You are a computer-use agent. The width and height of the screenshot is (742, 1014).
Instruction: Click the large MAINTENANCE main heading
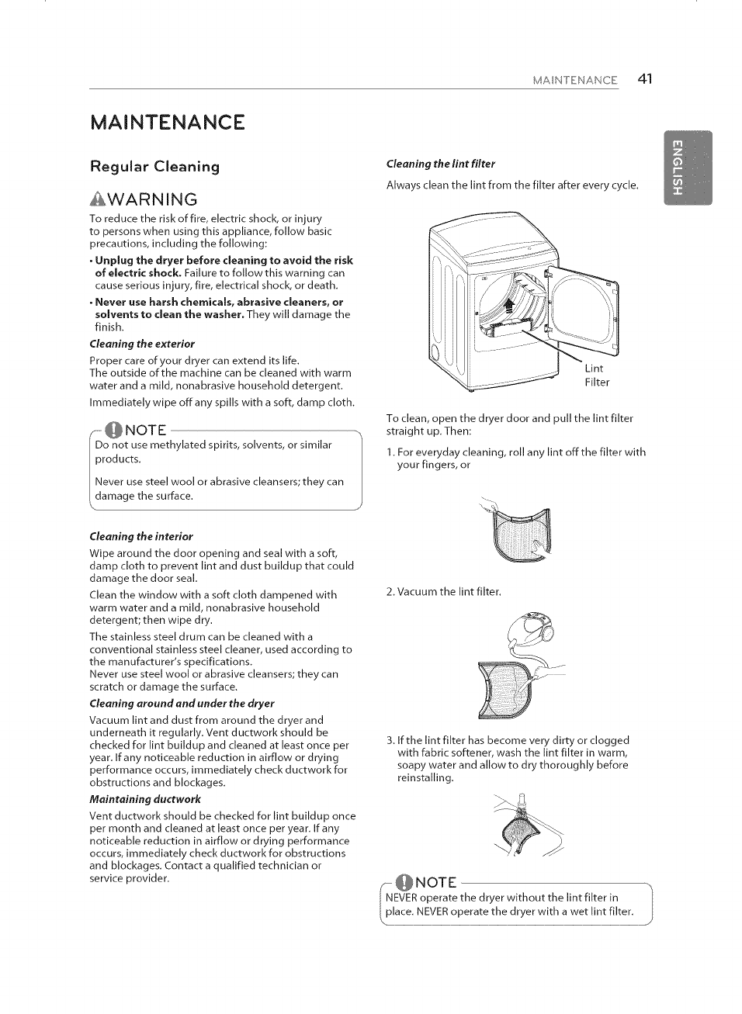point(167,123)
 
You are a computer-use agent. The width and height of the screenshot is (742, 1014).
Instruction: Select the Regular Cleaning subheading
point(154,167)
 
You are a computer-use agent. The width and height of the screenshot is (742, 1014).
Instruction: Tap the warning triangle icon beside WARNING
point(96,199)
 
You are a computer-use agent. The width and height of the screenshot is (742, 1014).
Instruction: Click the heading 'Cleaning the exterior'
point(142,344)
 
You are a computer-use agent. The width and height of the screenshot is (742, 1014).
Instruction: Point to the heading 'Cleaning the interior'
point(141,536)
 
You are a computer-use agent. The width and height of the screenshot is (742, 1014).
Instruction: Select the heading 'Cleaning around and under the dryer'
point(182,703)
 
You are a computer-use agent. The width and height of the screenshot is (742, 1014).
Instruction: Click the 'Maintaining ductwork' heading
point(145,799)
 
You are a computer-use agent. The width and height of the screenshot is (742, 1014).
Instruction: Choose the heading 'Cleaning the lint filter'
point(440,164)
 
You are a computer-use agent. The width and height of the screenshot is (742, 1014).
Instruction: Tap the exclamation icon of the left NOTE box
point(113,430)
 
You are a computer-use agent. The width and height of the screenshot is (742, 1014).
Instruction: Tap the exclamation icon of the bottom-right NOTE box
point(404,883)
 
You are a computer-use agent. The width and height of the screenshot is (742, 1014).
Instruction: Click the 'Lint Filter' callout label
point(596,375)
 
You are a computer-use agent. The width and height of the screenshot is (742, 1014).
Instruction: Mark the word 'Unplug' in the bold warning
point(113,261)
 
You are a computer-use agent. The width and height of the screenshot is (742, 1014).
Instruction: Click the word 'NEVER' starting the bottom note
point(401,898)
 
